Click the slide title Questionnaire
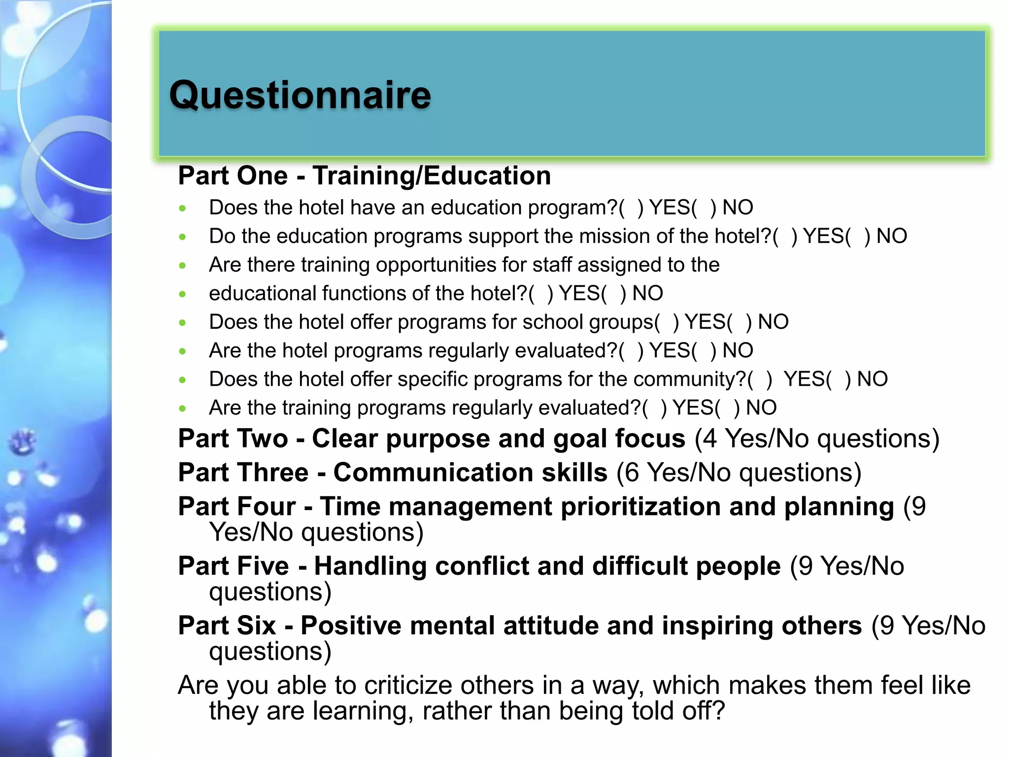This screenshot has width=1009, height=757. (300, 95)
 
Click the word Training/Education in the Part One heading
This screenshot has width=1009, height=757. (432, 176)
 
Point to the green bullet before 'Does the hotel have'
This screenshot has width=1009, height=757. (183, 208)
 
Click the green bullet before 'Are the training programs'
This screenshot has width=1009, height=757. (183, 409)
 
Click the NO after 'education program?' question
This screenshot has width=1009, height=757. (738, 207)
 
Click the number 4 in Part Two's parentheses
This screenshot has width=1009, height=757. (709, 439)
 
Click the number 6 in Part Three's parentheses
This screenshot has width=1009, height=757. (632, 473)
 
